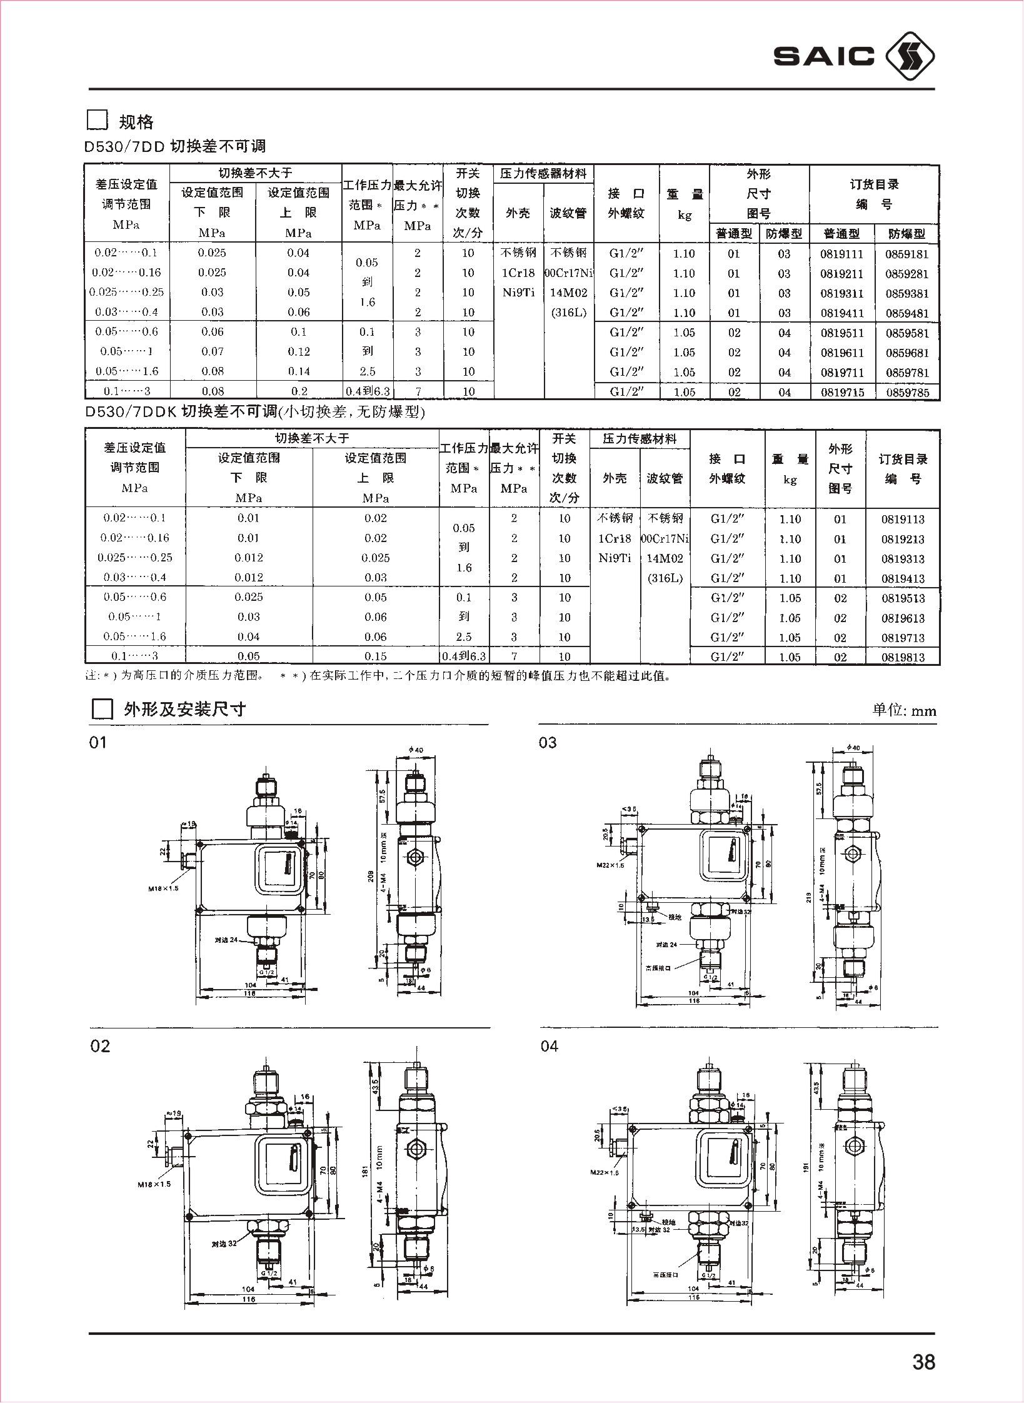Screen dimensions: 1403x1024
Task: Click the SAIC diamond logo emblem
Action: (x=911, y=57)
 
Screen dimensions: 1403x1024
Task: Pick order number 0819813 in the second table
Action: (x=903, y=657)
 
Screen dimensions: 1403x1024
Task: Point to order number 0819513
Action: (x=903, y=598)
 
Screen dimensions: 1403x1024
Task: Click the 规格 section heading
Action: (x=136, y=121)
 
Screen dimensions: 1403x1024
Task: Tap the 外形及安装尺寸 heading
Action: (x=185, y=709)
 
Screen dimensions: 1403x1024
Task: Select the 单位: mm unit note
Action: (x=904, y=710)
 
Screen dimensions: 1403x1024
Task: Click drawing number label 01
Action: (x=98, y=743)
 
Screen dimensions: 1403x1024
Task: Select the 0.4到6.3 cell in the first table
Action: (x=368, y=392)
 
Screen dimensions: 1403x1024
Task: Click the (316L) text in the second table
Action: (x=665, y=578)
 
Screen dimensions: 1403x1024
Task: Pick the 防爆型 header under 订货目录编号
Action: (x=906, y=234)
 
